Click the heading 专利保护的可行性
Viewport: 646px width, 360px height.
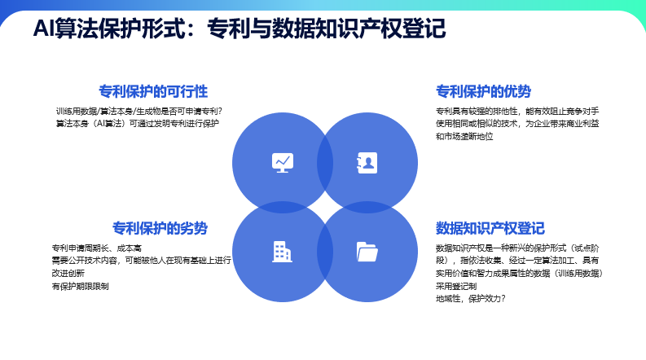click(x=153, y=91)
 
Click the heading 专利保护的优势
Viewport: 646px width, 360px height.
click(x=484, y=91)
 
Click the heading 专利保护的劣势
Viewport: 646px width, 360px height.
click(x=160, y=228)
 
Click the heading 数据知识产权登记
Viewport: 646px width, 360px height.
click(x=490, y=228)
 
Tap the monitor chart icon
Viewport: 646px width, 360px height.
click(x=282, y=162)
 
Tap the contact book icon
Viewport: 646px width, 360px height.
click(x=367, y=162)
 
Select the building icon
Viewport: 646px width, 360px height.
click(x=282, y=252)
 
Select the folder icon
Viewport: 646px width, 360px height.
click(x=367, y=252)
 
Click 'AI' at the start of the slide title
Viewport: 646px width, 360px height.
click(x=43, y=29)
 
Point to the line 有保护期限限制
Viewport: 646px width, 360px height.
click(x=80, y=287)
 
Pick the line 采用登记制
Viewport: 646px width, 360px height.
click(x=456, y=287)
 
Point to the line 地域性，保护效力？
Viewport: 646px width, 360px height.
click(x=471, y=299)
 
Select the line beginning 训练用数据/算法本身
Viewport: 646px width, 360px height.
click(x=139, y=111)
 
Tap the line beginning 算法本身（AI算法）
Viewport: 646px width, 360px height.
click(x=137, y=124)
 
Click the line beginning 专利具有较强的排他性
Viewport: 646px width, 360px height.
click(x=517, y=111)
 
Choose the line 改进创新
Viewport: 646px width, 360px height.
click(x=68, y=274)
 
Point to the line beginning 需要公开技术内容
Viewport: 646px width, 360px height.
click(x=141, y=261)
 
